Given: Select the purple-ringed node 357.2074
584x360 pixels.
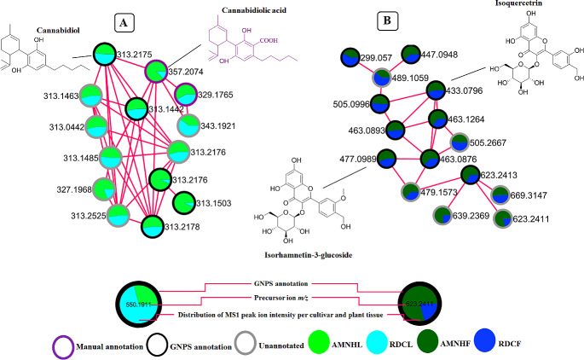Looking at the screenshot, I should click(156, 72).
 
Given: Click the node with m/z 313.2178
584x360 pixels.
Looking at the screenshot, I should click(151, 226).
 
